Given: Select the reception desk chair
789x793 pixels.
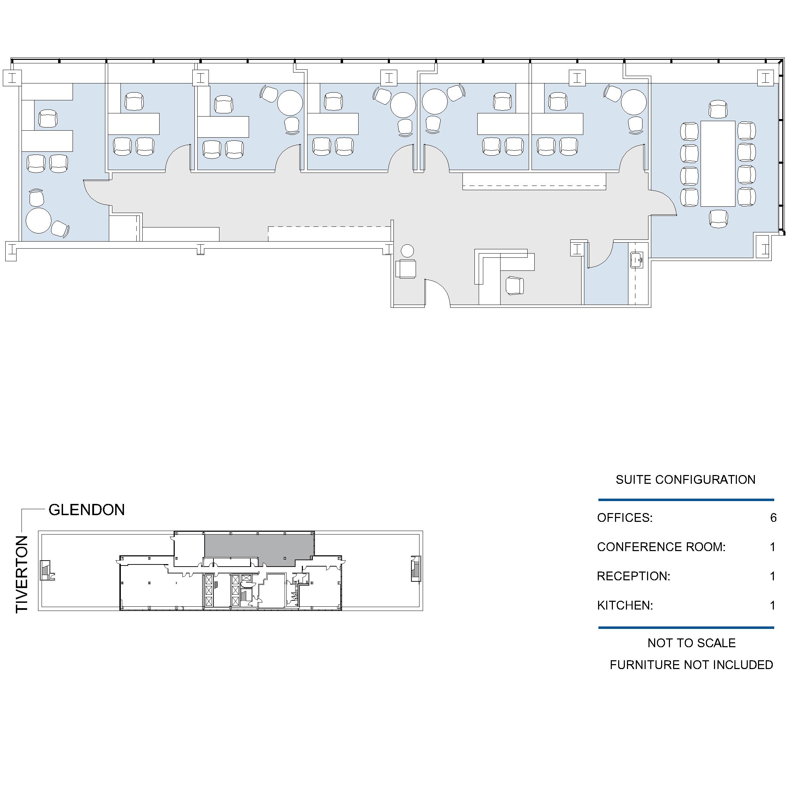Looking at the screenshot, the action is (x=515, y=286).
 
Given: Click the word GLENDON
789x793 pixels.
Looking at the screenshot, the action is (x=87, y=510).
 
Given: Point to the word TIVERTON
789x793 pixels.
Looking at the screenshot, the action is (x=22, y=575).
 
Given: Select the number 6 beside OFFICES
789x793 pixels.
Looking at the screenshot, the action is (x=774, y=518).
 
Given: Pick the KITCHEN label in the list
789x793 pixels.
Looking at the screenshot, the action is (x=625, y=605).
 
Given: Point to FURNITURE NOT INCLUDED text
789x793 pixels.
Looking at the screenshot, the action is (x=692, y=665).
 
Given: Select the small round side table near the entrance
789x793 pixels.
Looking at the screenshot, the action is (x=407, y=251).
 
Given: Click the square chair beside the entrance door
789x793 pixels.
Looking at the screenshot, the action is (x=405, y=269).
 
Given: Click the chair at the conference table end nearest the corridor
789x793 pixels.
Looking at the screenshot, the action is (x=719, y=219).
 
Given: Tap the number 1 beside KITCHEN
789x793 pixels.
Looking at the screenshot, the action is (x=772, y=605).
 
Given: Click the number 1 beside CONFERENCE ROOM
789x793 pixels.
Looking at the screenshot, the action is (x=772, y=547).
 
